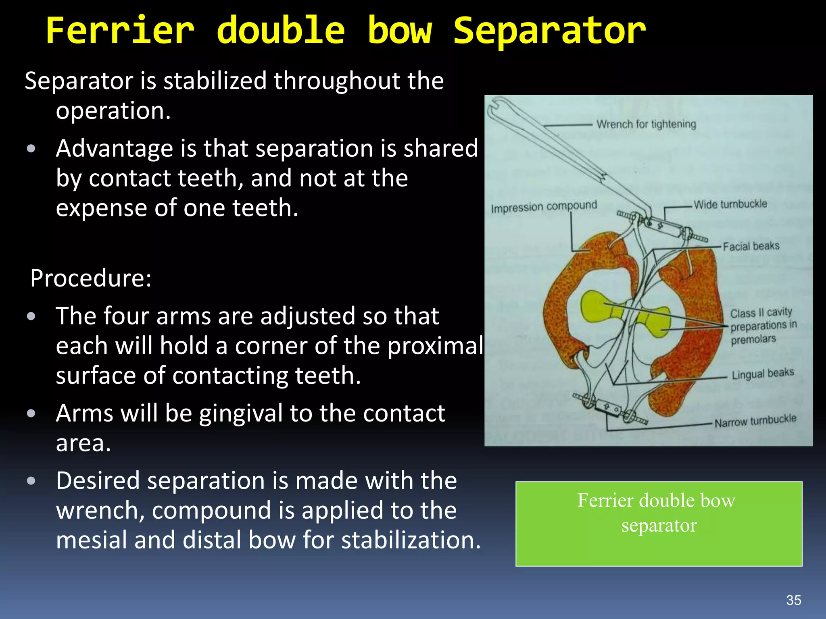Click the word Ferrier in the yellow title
click(120, 31)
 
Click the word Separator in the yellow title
click(549, 31)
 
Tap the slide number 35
click(793, 600)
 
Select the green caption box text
click(658, 513)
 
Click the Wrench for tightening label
click(646, 124)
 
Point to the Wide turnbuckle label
click(730, 204)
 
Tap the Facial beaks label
click(751, 246)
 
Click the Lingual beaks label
click(762, 374)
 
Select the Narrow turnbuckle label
click(755, 421)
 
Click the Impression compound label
click(544, 207)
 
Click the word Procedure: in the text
click(91, 278)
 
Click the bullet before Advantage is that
click(31, 149)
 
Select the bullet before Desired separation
click(31, 481)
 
